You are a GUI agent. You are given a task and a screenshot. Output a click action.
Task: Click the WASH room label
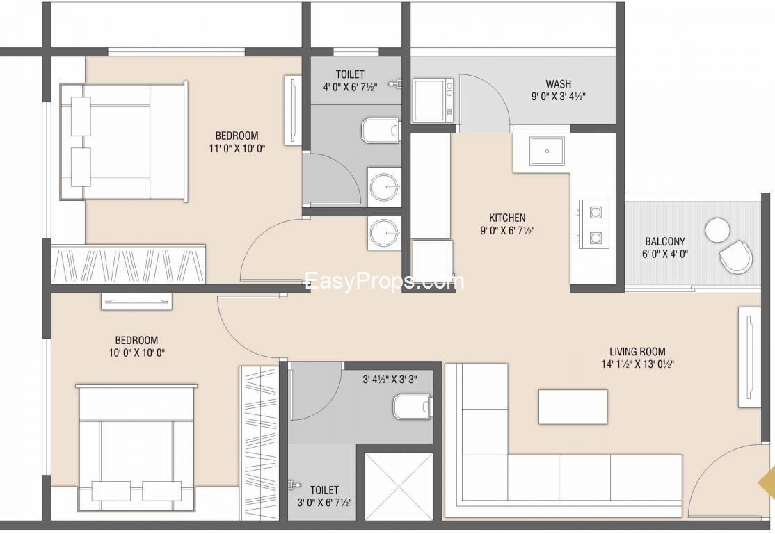(558, 83)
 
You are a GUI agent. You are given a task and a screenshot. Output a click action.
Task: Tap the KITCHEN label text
(507, 218)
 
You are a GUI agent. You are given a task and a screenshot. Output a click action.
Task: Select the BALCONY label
(665, 241)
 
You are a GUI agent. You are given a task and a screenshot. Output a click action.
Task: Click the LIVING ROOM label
(637, 352)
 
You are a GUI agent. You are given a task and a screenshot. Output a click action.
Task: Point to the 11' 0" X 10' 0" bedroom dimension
(237, 147)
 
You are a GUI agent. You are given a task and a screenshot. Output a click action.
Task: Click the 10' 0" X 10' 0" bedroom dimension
(136, 353)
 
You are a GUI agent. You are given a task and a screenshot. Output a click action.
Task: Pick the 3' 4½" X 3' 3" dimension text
(390, 380)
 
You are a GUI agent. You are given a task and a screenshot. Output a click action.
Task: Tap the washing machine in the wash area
(433, 100)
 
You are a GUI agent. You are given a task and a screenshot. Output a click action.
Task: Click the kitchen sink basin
(547, 151)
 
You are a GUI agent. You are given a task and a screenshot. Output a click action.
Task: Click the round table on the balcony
(717, 229)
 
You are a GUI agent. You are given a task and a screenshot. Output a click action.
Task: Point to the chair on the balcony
(736, 257)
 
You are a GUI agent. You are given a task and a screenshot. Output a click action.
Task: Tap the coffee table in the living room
(573, 407)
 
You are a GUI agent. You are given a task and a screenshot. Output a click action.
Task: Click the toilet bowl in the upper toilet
(380, 131)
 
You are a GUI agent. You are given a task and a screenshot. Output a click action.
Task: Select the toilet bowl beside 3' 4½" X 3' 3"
(412, 406)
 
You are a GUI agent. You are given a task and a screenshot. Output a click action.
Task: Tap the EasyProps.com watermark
(385, 281)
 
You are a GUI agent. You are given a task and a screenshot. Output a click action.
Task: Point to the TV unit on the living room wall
(749, 357)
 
